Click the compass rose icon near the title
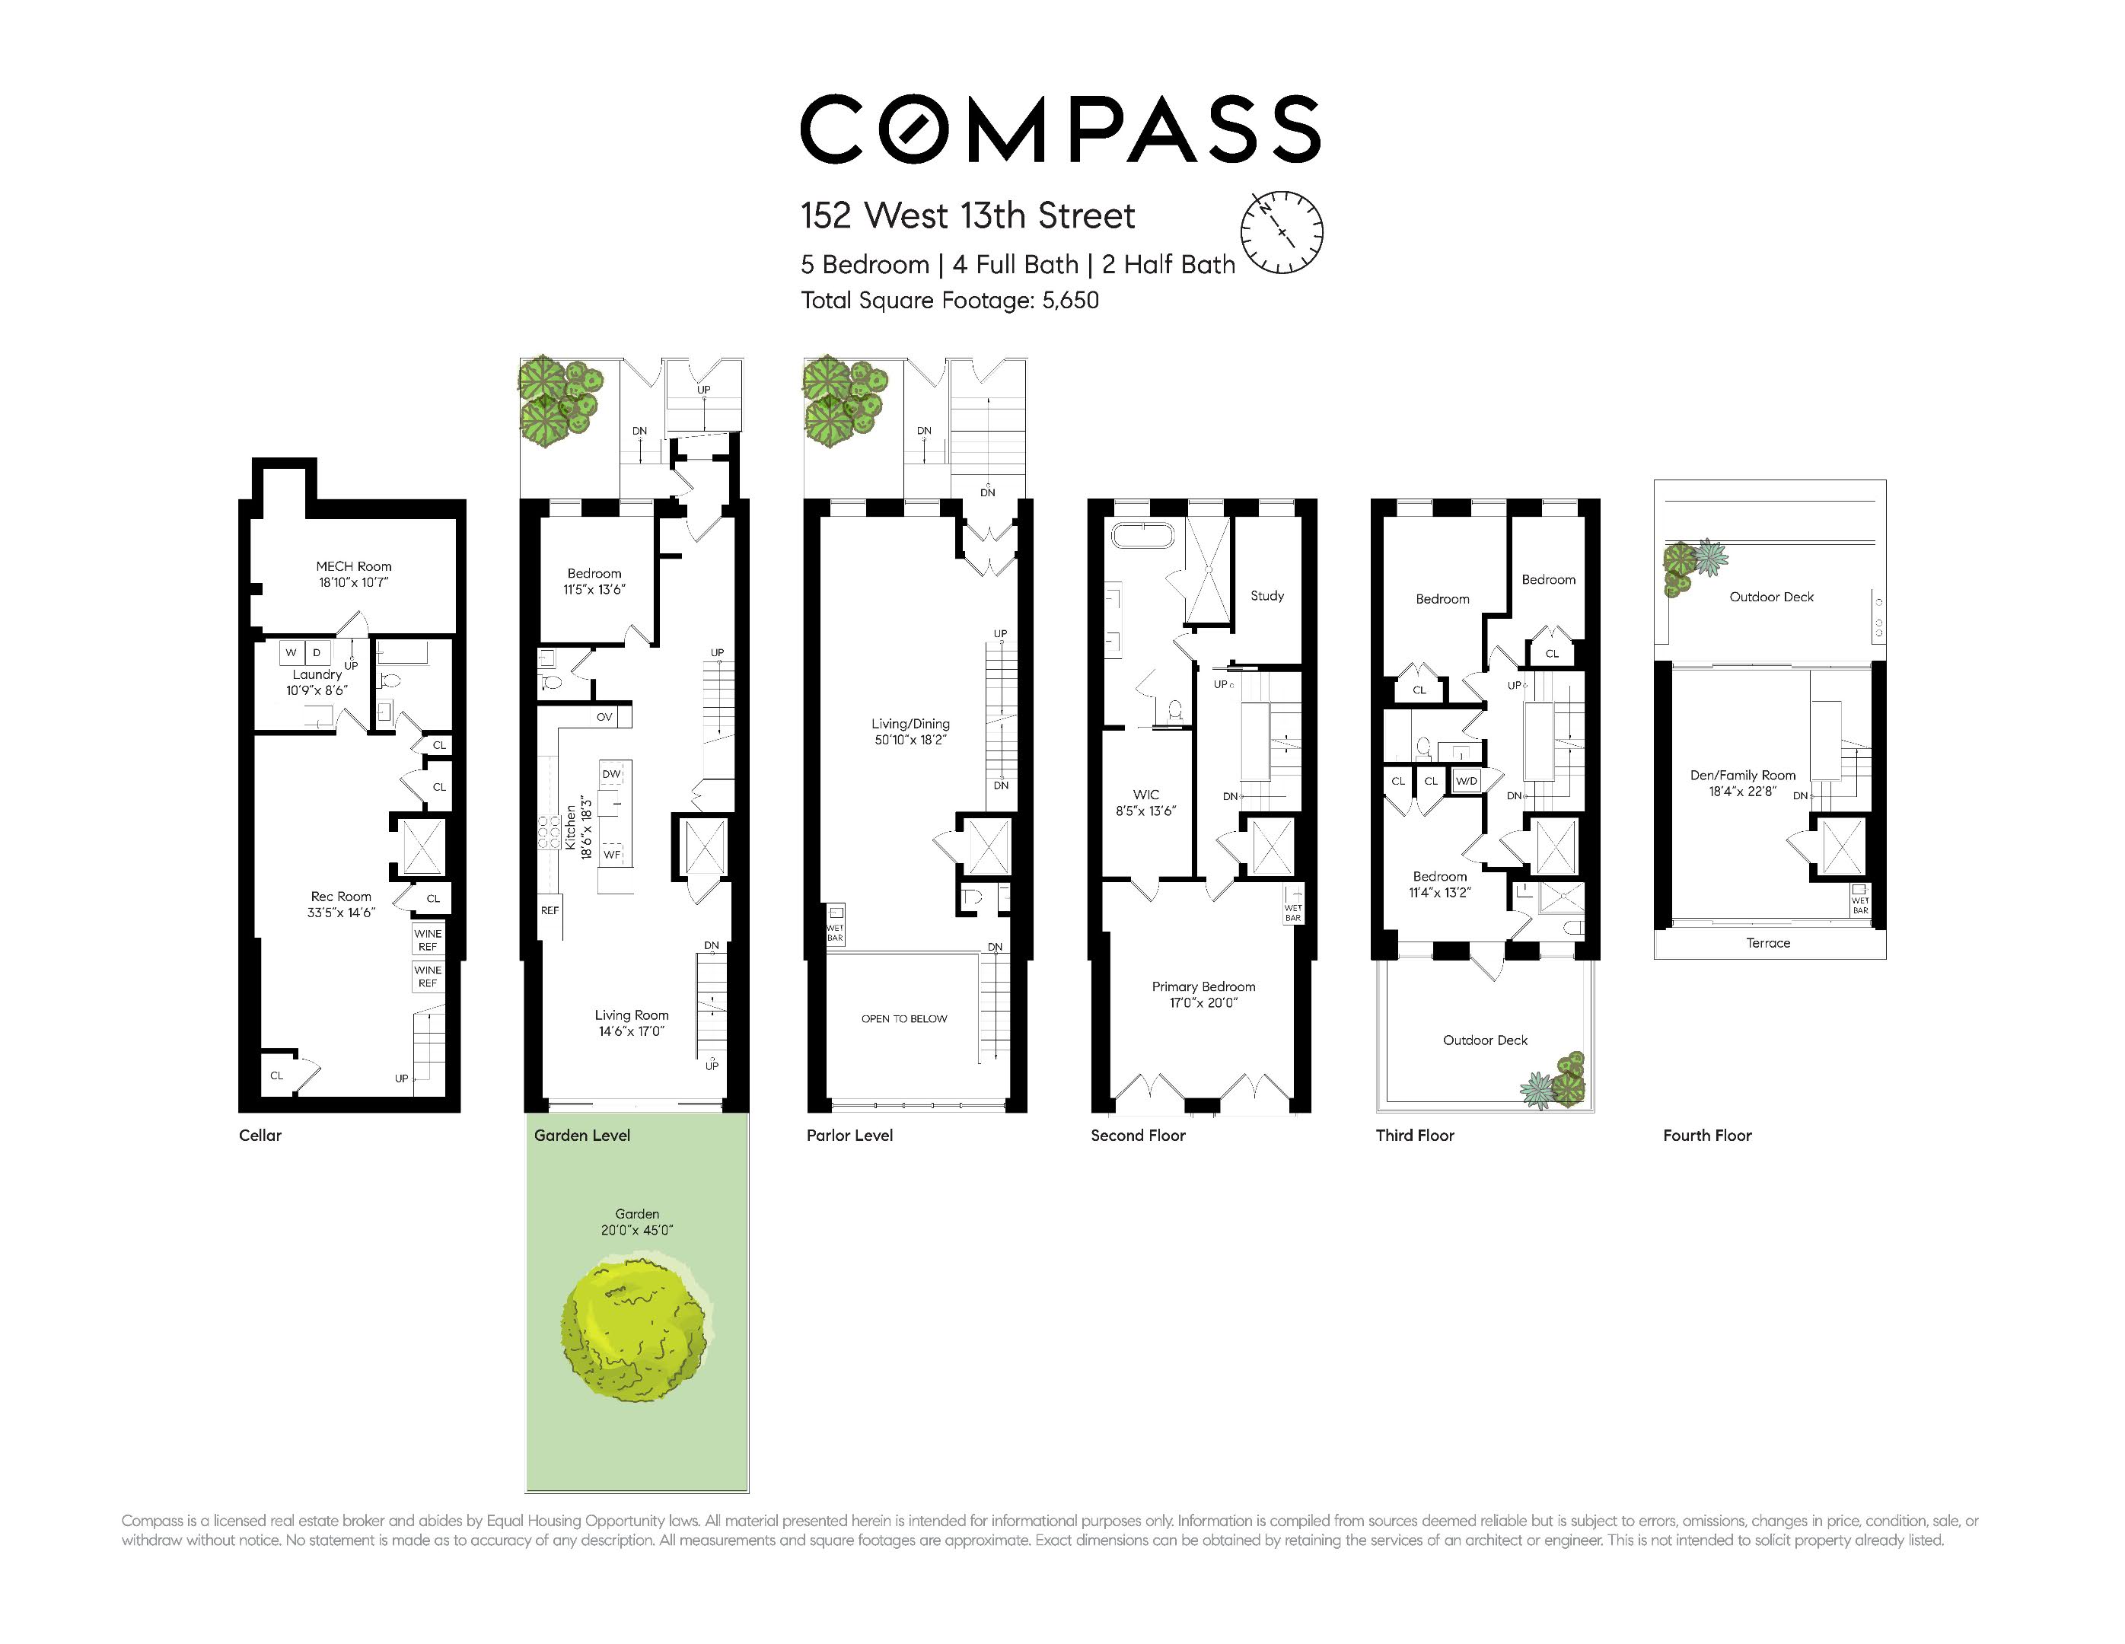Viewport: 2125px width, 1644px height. [1282, 231]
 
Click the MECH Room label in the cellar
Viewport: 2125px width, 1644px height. [353, 566]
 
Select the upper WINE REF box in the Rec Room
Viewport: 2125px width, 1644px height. [427, 940]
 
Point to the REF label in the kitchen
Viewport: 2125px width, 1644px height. [550, 910]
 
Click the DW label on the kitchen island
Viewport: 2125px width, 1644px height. [611, 774]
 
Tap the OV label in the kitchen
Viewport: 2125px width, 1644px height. [604, 717]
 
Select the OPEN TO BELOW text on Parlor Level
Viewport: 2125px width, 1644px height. [904, 1018]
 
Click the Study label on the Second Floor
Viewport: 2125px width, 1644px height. [1266, 595]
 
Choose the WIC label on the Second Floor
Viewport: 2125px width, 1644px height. [1145, 795]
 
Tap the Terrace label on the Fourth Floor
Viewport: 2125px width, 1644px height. [1768, 942]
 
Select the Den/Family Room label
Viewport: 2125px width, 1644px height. [1743, 776]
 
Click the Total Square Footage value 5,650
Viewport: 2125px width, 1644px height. [1070, 301]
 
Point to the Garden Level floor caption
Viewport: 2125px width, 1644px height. [581, 1136]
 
